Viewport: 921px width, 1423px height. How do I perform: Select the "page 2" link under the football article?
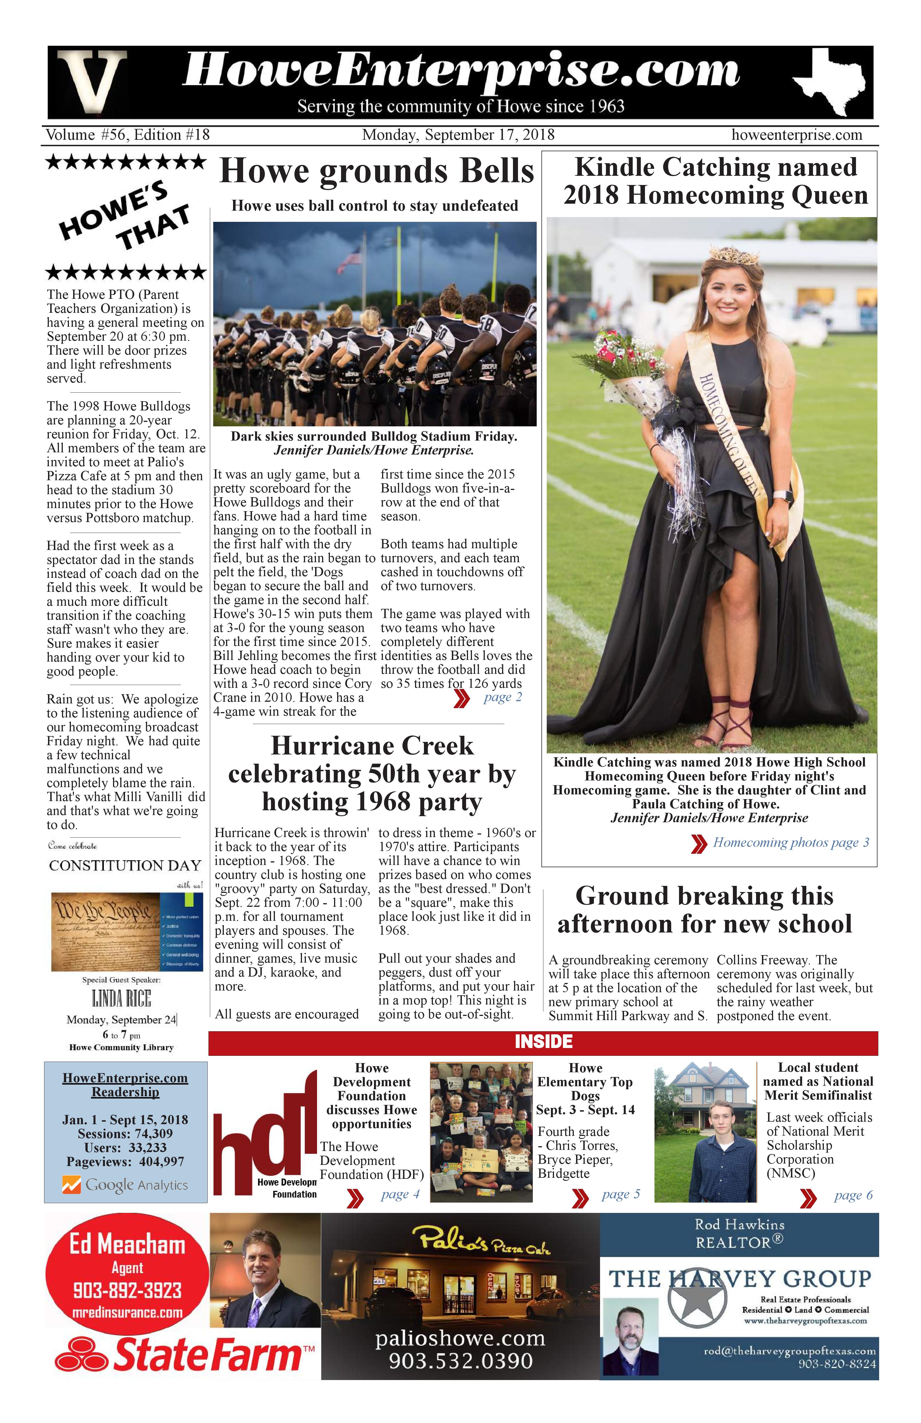point(502,697)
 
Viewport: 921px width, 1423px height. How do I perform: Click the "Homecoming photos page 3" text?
point(791,842)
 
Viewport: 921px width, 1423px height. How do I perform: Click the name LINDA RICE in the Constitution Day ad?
point(121,999)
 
